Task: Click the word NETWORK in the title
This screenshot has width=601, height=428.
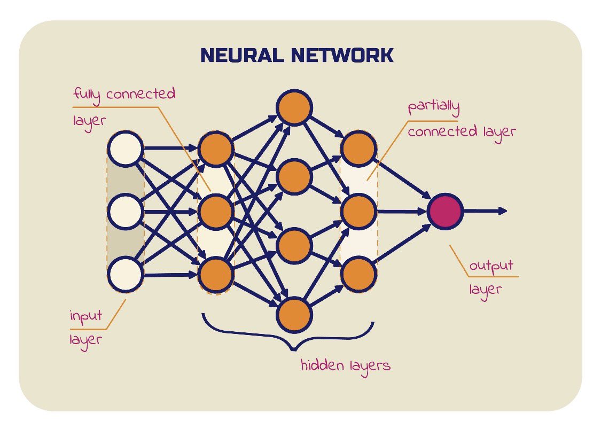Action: pos(342,55)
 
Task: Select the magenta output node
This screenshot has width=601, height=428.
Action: pos(445,211)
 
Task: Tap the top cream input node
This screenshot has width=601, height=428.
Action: pos(126,149)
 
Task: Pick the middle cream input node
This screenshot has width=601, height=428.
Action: pos(126,211)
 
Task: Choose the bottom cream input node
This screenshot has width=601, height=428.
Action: pos(126,274)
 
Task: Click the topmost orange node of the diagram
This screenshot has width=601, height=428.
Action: pos(294,108)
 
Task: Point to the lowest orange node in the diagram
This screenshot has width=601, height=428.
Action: pos(294,315)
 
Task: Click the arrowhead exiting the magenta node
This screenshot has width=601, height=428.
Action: pos(503,211)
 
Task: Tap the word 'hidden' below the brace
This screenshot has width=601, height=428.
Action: pos(322,365)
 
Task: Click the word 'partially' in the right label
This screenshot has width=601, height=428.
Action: pos(433,107)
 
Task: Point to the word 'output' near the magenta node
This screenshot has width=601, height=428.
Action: pos(491,266)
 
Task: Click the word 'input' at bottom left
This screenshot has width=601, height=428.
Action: pos(86,317)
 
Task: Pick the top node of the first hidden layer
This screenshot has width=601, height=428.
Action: pos(216,149)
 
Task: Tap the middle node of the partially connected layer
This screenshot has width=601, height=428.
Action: pos(358,211)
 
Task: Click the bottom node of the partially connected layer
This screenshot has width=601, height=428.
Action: pos(358,274)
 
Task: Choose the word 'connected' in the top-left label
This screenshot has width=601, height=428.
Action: pos(141,94)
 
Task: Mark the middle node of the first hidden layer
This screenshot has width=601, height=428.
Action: pos(216,211)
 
